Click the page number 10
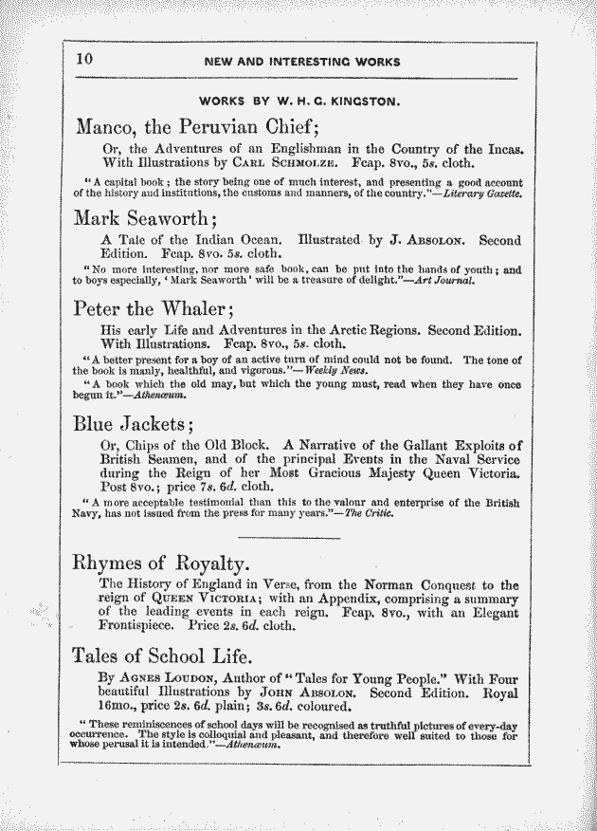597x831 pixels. (x=84, y=59)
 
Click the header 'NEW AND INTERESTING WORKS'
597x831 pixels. (x=302, y=62)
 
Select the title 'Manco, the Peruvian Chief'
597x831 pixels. (x=200, y=126)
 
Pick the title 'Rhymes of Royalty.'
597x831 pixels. (x=160, y=561)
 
